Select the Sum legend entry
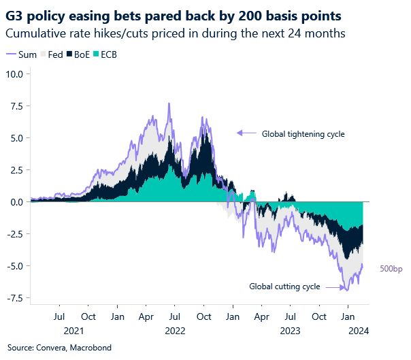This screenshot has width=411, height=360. click(x=22, y=54)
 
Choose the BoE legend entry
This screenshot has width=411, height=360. click(x=79, y=54)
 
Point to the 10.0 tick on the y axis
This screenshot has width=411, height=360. click(x=15, y=74)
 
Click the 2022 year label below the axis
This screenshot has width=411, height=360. click(x=174, y=331)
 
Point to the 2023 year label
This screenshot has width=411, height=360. click(x=291, y=331)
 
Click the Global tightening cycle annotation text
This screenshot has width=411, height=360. click(x=303, y=134)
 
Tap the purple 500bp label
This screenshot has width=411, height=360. click(x=391, y=269)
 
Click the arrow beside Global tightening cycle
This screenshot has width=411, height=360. click(x=247, y=133)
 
